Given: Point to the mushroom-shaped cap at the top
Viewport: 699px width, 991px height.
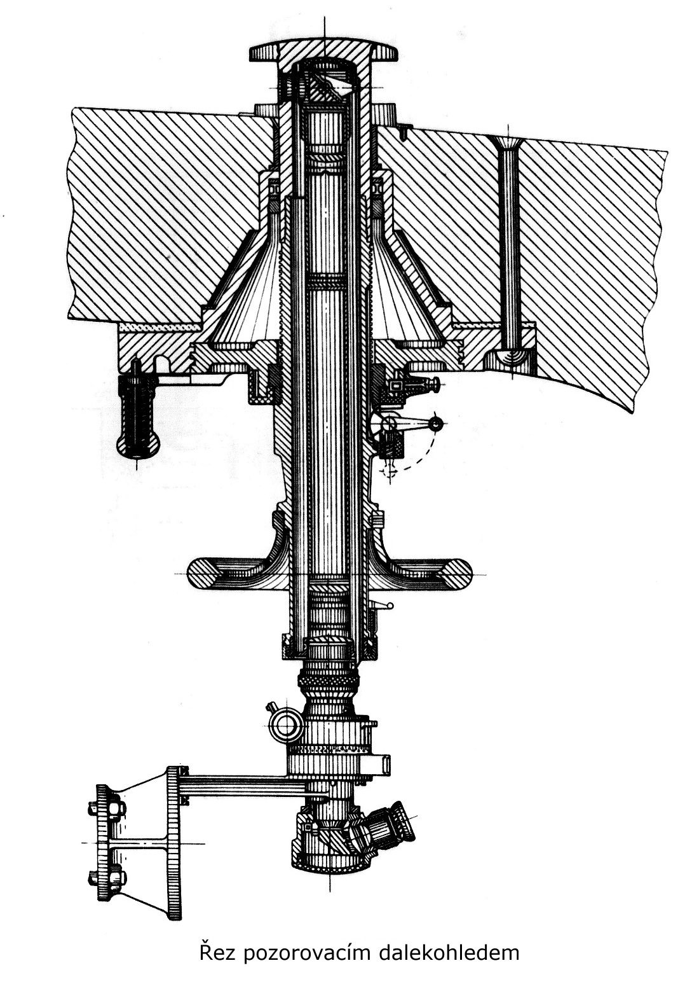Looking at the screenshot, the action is pyautogui.click(x=324, y=51).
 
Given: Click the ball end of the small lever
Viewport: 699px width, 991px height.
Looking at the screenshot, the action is pyautogui.click(x=437, y=424).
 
